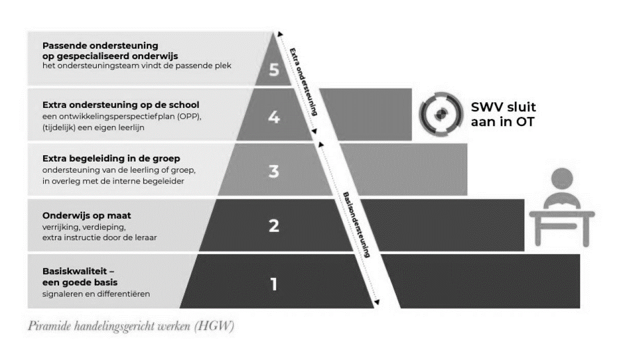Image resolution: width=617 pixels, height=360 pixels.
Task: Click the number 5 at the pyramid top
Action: pos(274,69)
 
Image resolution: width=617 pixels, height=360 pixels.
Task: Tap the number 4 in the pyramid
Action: pos(274,118)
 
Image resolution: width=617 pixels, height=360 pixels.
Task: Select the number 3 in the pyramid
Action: pos(274,171)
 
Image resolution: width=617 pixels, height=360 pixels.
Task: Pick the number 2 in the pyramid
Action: pos(274,225)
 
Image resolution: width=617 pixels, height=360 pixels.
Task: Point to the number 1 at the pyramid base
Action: pos(274,284)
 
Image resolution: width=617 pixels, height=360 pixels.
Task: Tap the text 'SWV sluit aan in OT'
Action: pos(503,114)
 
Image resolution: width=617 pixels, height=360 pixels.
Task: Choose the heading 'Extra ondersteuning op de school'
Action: pos(120,105)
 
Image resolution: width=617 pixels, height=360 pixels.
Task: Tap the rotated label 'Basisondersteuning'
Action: pos(356,225)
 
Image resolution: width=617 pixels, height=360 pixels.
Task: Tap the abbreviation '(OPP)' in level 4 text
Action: pos(189,117)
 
